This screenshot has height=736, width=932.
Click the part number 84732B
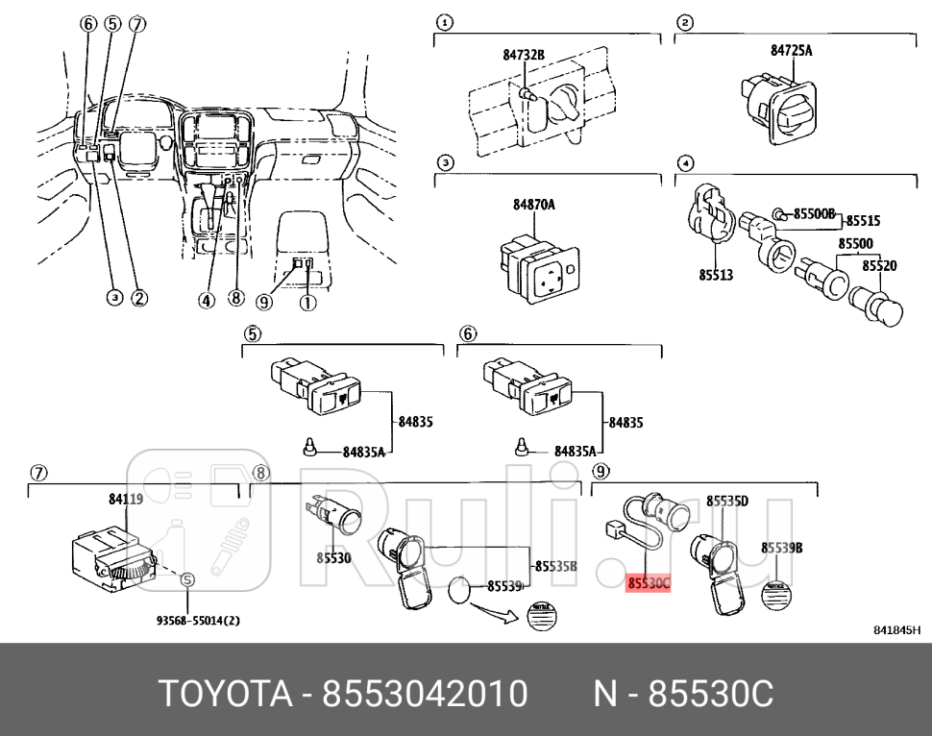524,55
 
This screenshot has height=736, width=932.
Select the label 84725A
791,50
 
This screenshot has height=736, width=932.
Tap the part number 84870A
533,205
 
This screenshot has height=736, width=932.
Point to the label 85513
715,275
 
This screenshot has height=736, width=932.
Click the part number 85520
878,265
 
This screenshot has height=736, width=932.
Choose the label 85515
862,221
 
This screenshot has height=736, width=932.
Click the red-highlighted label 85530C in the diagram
649,582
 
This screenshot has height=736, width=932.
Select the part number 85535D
727,501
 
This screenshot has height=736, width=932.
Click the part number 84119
126,499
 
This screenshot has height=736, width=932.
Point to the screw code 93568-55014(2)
198,621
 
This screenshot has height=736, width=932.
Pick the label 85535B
555,566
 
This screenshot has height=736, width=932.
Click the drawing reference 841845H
896,630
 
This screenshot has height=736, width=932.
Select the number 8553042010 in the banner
424,693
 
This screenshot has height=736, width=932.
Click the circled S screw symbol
187,579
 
